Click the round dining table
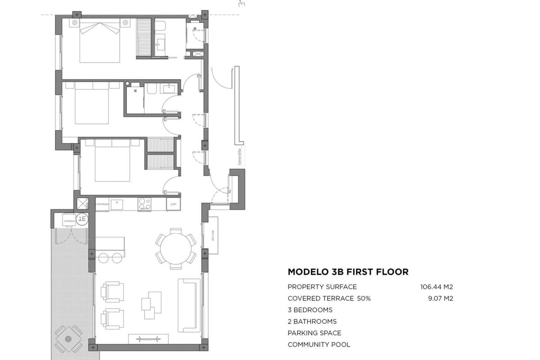click(x=176, y=248)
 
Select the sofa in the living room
click(x=189, y=305)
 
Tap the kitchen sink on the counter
click(x=118, y=205)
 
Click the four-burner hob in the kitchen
click(x=144, y=205)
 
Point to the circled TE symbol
click(x=82, y=219)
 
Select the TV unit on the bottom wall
click(x=148, y=339)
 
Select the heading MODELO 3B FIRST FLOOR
click(x=348, y=272)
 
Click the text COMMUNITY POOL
click(x=319, y=345)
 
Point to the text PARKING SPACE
click(x=314, y=333)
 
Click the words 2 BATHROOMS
click(x=312, y=321)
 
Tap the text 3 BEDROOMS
click(x=310, y=310)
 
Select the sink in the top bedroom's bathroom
click(x=161, y=44)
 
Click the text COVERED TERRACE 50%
click(x=329, y=298)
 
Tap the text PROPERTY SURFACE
click(x=322, y=287)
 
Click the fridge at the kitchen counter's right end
click(x=173, y=204)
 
